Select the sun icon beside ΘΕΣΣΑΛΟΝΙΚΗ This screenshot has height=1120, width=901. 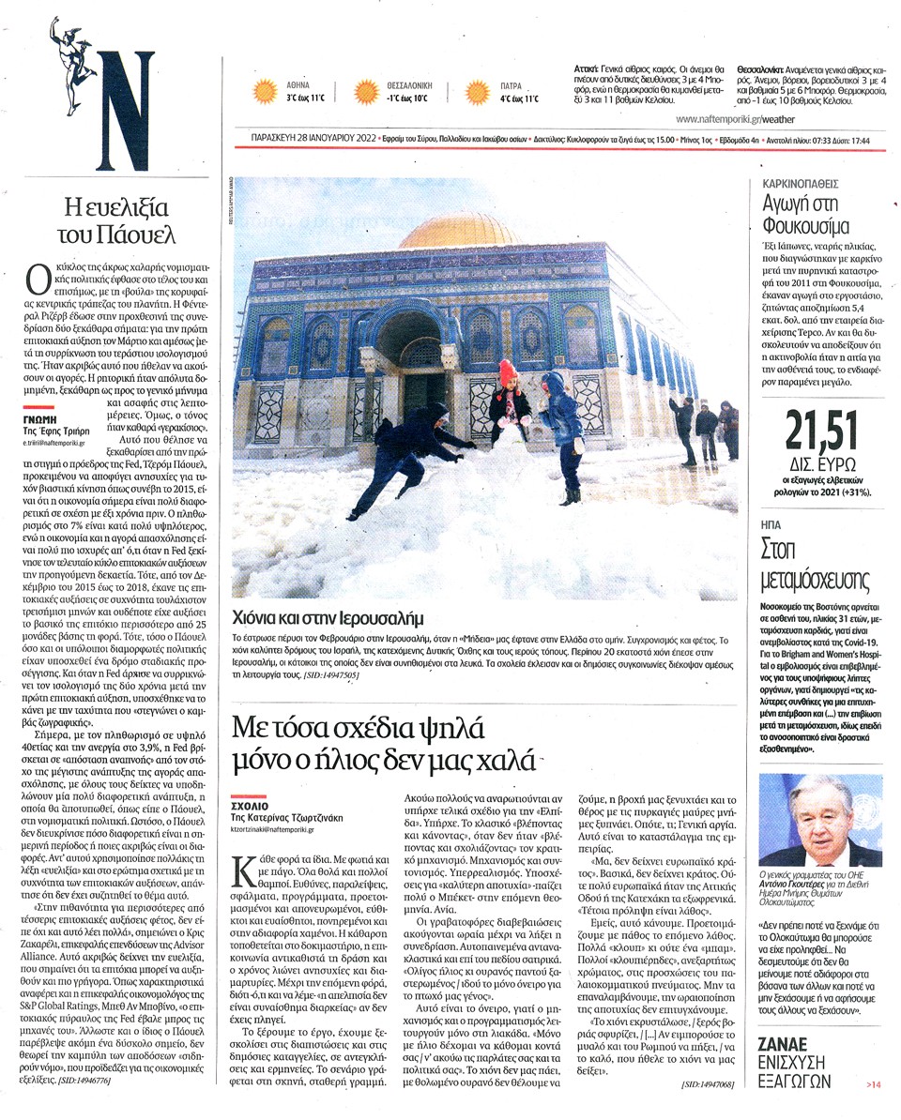[x=365, y=91]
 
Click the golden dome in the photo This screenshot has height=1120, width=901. [x=460, y=230]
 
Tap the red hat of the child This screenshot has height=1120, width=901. [x=508, y=370]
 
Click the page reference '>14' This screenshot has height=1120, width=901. [x=872, y=1085]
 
